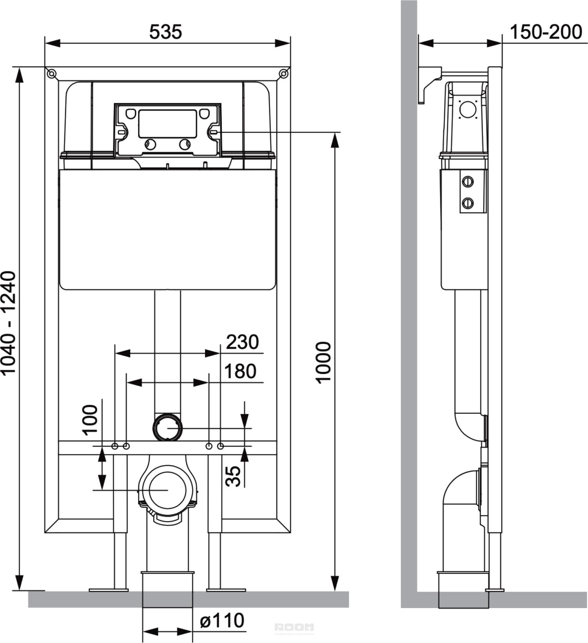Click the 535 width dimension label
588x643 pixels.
click(165, 32)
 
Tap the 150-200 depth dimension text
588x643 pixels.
click(546, 32)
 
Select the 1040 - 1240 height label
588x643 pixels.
click(9, 322)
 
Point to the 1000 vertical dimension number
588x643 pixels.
click(324, 362)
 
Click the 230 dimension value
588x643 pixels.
click(242, 342)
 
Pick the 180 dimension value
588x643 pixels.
click(240, 371)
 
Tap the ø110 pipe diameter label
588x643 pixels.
click(222, 620)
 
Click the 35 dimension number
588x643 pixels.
click(234, 476)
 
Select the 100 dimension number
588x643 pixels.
click(90, 419)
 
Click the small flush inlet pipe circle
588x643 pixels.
click(168, 428)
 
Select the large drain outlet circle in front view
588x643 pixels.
click(167, 490)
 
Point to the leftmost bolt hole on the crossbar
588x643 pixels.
click(115, 446)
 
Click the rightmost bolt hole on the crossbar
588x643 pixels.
click(220, 446)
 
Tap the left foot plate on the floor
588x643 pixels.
click(109, 589)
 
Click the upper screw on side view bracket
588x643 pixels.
click(468, 181)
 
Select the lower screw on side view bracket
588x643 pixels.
click(468, 203)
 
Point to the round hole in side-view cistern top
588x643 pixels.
click(468, 109)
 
